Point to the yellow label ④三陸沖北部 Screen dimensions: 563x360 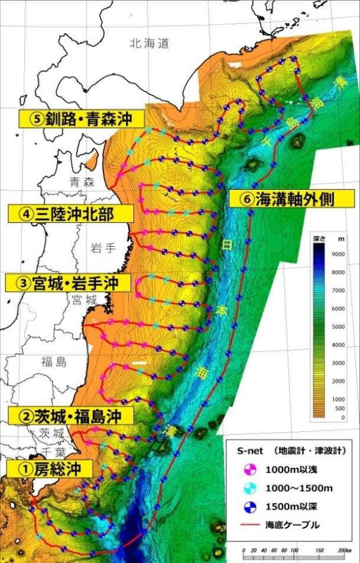[x=69, y=213]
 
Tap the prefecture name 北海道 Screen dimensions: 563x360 [x=150, y=43]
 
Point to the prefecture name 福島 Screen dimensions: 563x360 [x=55, y=361]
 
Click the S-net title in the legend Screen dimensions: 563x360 [x=249, y=451]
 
